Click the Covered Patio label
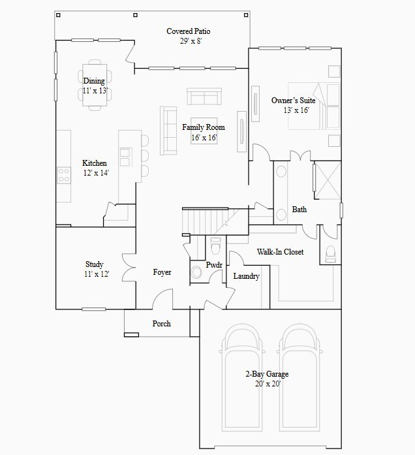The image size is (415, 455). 188,31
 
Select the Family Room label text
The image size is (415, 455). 203,127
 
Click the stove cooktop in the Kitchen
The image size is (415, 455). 64,174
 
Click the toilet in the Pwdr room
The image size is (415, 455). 215,247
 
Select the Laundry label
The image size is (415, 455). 246,276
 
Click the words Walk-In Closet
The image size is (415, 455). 279,251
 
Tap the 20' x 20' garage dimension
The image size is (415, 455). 267,384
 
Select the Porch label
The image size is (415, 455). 161,324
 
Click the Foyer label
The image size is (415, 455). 162,272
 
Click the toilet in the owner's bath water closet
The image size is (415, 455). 330,253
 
